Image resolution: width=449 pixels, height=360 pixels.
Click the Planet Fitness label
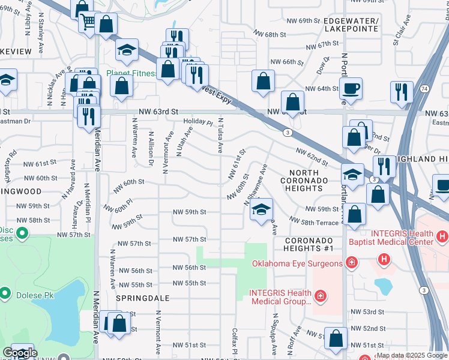coord(131,74)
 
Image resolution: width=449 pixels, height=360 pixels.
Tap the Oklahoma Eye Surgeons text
coord(289,263)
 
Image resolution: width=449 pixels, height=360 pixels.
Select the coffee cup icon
coord(352,89)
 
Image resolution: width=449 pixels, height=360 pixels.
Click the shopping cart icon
coord(88,22)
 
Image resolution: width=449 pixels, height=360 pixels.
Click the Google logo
coord(20,353)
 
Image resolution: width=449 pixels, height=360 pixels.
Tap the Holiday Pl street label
coord(197,122)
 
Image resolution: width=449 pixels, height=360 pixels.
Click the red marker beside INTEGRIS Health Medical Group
coord(321,296)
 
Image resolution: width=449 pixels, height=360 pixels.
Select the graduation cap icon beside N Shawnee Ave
coord(261,210)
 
